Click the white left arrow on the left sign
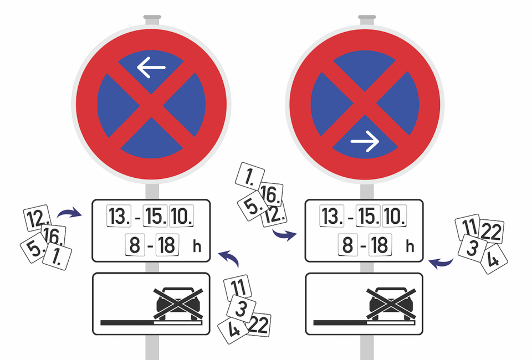[151, 68]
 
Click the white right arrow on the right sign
[365, 141]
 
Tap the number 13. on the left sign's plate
[119, 216]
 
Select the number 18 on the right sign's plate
[380, 245]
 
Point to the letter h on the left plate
[197, 246]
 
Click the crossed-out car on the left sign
[178, 304]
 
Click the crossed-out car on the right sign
[391, 304]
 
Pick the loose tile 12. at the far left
[37, 218]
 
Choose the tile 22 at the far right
[491, 231]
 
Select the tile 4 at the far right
[494, 259]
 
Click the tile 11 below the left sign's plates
[238, 287]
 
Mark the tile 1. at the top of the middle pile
[250, 176]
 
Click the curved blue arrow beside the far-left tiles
[69, 213]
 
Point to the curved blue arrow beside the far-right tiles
[441, 263]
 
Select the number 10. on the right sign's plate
[394, 216]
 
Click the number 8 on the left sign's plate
[135, 245]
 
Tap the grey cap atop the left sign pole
[152, 17]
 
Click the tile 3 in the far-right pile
[472, 248]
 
